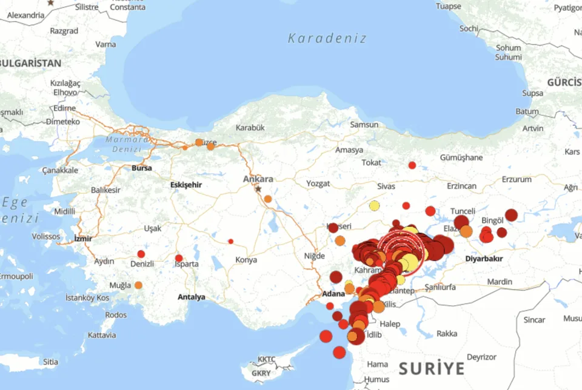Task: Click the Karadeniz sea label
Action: click(327, 38)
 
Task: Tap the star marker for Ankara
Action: click(258, 189)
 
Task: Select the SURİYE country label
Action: click(432, 368)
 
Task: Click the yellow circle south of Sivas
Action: click(375, 206)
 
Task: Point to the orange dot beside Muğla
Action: click(138, 285)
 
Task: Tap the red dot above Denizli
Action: click(141, 254)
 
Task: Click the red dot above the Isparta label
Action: click(179, 258)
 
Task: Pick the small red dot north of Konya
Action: click(230, 241)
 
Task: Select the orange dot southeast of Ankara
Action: click(268, 199)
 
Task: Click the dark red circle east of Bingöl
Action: click(511, 215)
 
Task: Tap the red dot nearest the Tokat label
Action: click(412, 165)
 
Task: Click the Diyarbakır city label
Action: click(484, 259)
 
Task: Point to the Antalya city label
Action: click(191, 297)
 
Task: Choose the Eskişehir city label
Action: click(185, 184)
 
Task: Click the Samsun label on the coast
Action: click(364, 125)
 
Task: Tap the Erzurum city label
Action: click(517, 180)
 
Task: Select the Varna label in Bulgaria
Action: click(105, 44)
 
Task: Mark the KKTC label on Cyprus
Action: click(266, 359)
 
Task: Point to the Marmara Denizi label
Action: click(127, 144)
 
